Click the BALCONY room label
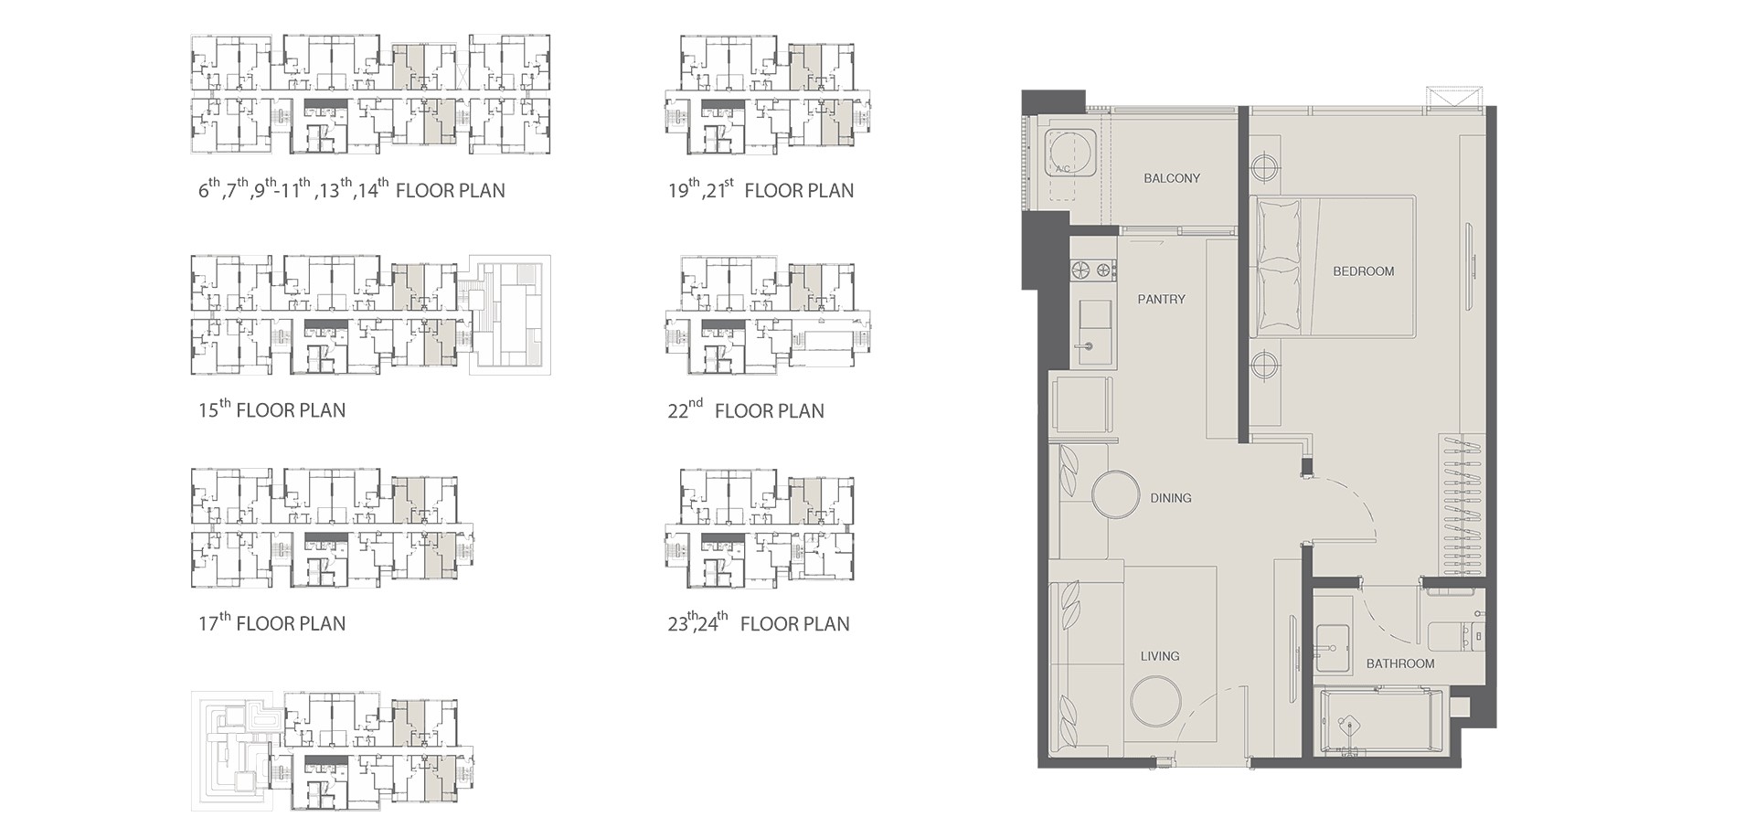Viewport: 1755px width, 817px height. [x=1171, y=178]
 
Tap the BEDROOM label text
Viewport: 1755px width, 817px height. [x=1363, y=271]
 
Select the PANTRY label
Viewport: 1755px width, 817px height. [x=1161, y=299]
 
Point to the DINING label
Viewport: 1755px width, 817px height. [x=1170, y=498]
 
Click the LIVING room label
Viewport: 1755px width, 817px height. [x=1159, y=656]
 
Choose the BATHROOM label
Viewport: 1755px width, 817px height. [x=1399, y=663]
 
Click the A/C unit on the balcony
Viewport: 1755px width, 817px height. [x=1068, y=153]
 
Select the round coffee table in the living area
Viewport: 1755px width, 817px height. [x=1155, y=700]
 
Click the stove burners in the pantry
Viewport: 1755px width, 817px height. [x=1094, y=270]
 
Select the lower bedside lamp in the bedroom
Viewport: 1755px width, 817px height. [x=1263, y=366]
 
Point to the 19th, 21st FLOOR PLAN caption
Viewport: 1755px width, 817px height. [x=760, y=189]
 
